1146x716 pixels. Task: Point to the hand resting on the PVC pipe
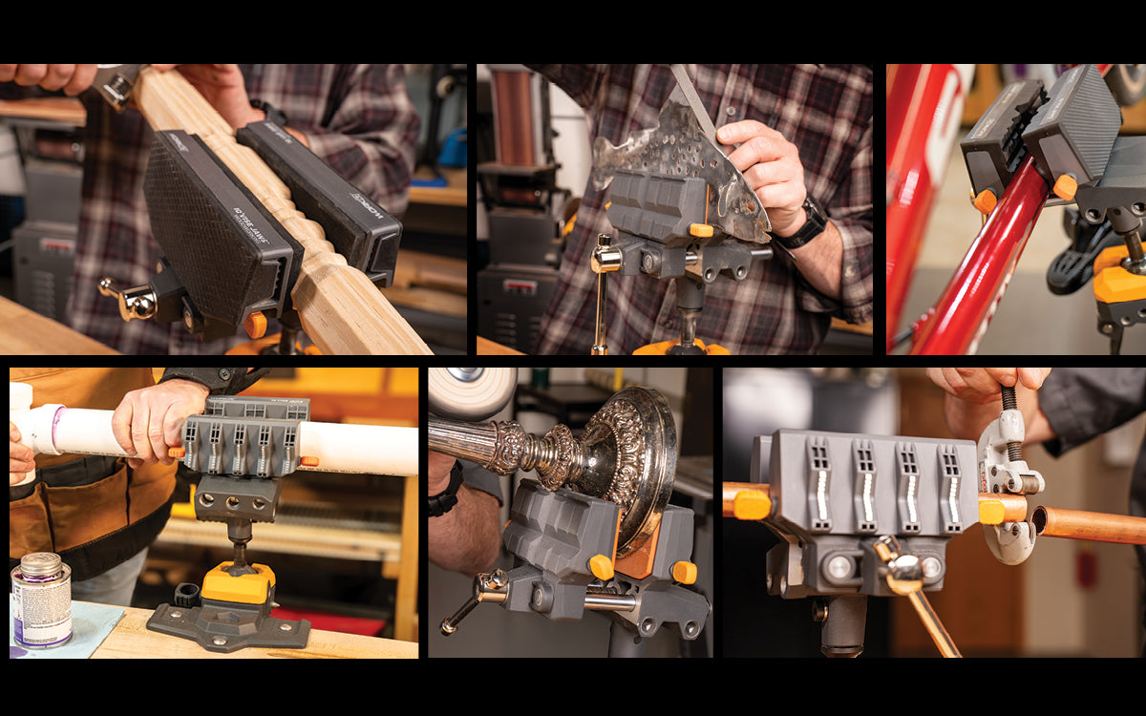coord(153,420)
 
